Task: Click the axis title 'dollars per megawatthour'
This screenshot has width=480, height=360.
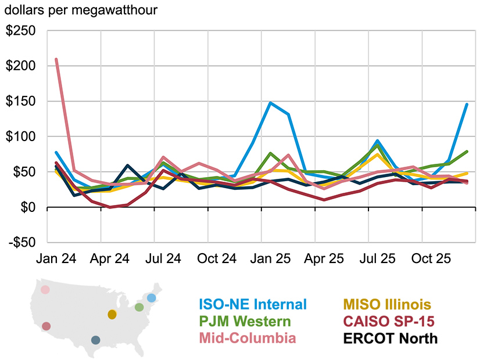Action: pos(81,10)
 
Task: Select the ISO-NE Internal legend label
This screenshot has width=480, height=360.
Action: pos(252,304)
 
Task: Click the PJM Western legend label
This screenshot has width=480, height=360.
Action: pos(245,321)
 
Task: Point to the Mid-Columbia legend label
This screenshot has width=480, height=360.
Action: pos(247,338)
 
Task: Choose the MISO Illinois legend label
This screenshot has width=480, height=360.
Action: pos(386,304)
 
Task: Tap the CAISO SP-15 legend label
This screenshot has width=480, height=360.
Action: pos(389,321)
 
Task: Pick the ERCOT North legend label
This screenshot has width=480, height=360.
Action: pos(391,338)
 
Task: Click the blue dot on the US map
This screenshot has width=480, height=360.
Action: pos(151,298)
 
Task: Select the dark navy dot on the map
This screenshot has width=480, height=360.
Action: pos(96,340)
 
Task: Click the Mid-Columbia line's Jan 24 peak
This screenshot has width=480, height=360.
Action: pos(56,59)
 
